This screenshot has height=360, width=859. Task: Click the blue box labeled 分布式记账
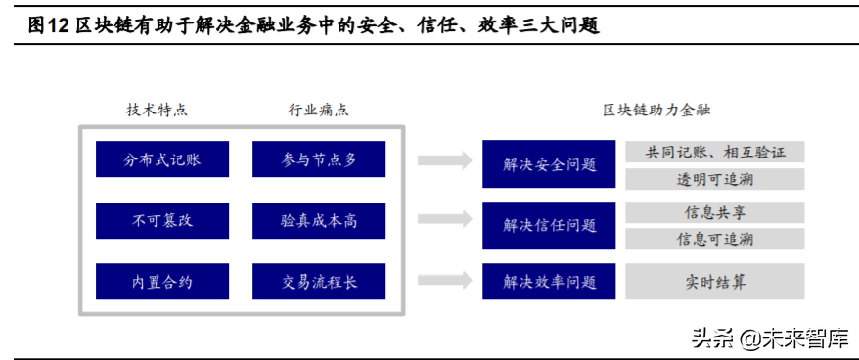tap(162, 159)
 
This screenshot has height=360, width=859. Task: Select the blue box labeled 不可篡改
tap(162, 220)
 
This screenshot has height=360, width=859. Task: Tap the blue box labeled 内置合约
tap(162, 282)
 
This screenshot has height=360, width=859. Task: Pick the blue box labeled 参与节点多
tap(318, 159)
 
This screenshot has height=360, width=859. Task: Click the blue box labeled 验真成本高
tap(318, 220)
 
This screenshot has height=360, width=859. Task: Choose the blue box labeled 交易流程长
tap(318, 282)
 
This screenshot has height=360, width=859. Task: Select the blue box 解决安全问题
tap(549, 164)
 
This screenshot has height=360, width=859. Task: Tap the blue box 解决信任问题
tap(549, 225)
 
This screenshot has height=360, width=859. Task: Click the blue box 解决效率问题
tap(549, 282)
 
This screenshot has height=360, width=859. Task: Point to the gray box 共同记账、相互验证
tap(714, 152)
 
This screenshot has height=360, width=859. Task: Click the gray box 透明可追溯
tap(714, 179)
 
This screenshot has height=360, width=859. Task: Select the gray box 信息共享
tap(714, 212)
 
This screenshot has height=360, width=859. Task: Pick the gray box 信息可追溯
tap(714, 239)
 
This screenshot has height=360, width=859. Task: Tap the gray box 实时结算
tap(714, 282)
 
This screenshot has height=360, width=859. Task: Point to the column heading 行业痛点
tap(318, 110)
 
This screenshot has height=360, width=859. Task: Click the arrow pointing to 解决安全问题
tap(443, 160)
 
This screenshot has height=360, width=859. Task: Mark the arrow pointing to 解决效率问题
tap(443, 282)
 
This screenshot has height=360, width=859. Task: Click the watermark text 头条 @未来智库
tap(769, 338)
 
